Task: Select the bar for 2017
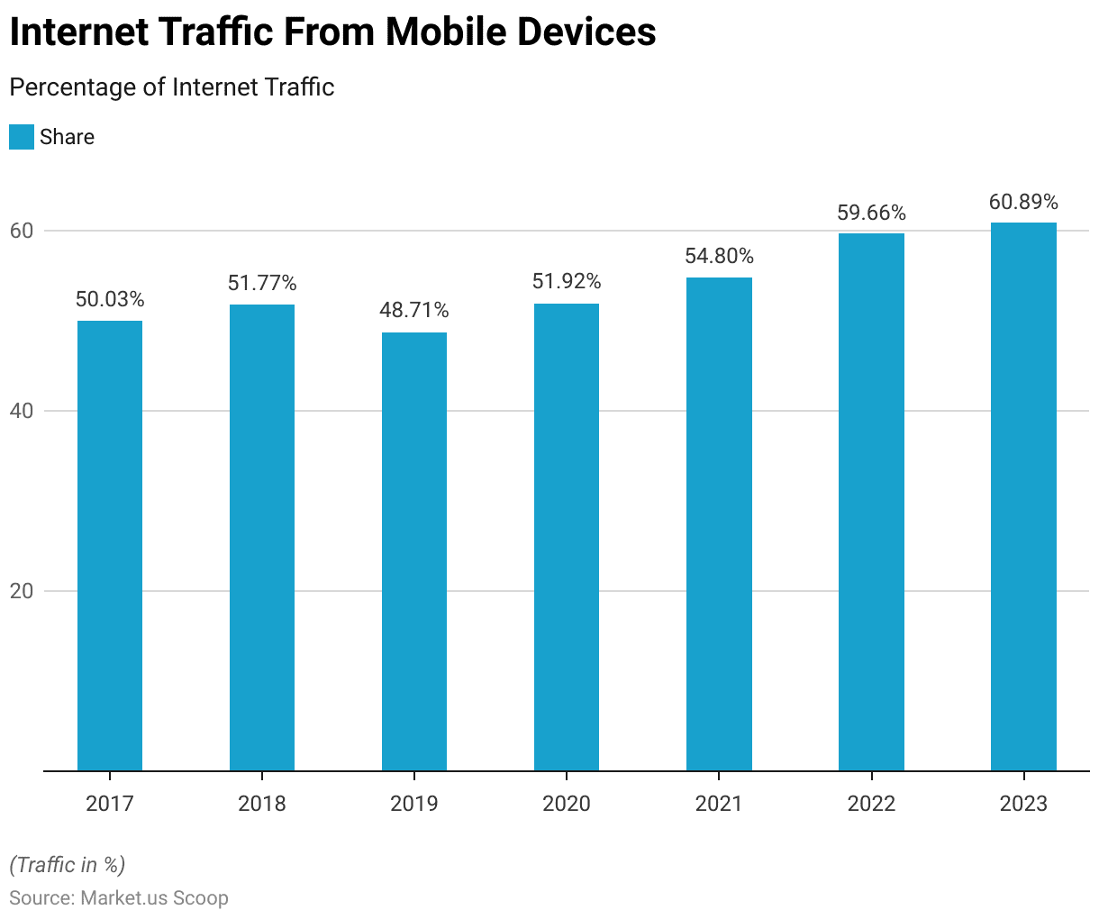(x=110, y=545)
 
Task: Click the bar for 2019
(x=414, y=551)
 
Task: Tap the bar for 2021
(x=719, y=523)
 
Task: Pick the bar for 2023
(x=1023, y=496)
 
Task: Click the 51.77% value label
(x=262, y=284)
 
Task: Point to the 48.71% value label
(x=414, y=311)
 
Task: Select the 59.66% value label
(x=871, y=214)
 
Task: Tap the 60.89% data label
(x=1023, y=202)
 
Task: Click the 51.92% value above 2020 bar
(x=567, y=282)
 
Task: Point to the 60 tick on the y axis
(x=22, y=231)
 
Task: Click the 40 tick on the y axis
(x=22, y=411)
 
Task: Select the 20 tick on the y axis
(x=22, y=591)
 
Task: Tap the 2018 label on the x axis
(x=262, y=804)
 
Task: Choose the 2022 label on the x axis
(x=871, y=804)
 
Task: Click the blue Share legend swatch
(x=22, y=137)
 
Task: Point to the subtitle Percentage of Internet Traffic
(x=172, y=87)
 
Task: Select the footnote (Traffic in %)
(x=68, y=865)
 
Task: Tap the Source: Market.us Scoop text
(x=119, y=898)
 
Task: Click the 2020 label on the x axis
(x=567, y=804)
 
